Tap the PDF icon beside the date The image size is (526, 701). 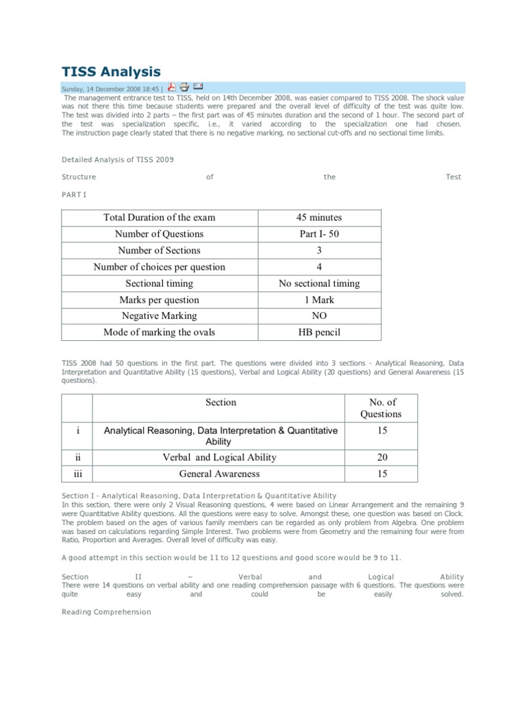[x=171, y=87]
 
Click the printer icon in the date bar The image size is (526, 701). [x=184, y=87]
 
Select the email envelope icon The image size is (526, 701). [x=198, y=86]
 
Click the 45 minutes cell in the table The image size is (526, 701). [x=319, y=218]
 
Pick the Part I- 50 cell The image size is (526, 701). [x=319, y=234]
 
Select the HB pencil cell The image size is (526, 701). [x=319, y=333]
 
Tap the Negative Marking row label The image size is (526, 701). [x=159, y=316]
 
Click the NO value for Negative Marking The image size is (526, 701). [x=319, y=316]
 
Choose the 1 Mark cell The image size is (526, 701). [x=319, y=300]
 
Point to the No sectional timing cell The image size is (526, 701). [x=319, y=283]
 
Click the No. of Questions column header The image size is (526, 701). [x=381, y=408]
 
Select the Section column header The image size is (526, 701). [x=221, y=403]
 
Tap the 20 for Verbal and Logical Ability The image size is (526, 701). [x=381, y=457]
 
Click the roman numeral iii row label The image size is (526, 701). [x=78, y=474]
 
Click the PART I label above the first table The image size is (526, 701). [x=75, y=195]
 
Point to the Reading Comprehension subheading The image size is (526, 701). [x=106, y=612]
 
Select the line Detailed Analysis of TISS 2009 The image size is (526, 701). [x=118, y=160]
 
